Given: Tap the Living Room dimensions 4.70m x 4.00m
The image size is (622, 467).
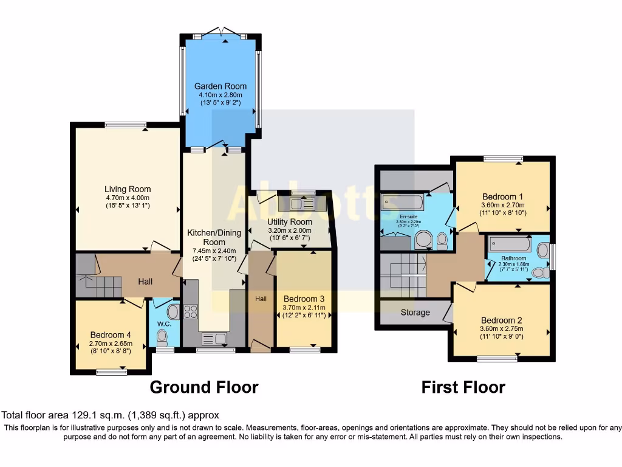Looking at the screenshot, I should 127,198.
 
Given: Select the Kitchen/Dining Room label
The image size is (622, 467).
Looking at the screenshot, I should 214,237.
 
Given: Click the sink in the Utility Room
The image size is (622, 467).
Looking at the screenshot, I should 301,204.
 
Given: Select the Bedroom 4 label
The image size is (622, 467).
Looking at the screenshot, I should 110,334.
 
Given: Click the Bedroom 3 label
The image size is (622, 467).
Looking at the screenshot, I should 304,299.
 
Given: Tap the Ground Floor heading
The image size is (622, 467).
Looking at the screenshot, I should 204,387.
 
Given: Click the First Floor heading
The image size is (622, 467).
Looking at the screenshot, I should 463,387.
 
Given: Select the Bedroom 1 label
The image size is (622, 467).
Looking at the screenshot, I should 502,196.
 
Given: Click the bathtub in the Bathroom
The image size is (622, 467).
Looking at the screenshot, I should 509,245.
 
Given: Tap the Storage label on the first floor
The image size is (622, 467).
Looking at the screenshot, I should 415,313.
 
